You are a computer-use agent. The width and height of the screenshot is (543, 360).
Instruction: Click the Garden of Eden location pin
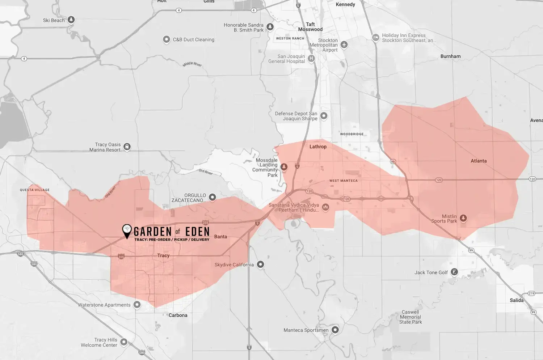click(x=127, y=230)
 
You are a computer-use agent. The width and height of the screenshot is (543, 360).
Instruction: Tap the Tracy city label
click(x=163, y=255)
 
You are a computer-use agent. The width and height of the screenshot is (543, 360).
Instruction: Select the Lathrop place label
click(x=318, y=147)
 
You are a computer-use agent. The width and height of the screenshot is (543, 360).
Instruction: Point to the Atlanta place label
click(x=479, y=161)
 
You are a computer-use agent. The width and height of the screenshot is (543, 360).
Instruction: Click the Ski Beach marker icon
click(x=71, y=20)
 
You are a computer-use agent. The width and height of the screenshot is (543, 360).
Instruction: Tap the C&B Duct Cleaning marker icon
click(x=167, y=39)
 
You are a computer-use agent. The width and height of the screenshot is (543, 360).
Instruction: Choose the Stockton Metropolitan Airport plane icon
click(x=344, y=45)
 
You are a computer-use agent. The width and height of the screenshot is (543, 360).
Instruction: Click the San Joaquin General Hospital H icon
click(x=311, y=58)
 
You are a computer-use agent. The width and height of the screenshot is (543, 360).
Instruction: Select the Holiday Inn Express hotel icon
click(x=376, y=37)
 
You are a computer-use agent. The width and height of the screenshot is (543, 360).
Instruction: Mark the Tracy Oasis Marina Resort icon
click(x=127, y=147)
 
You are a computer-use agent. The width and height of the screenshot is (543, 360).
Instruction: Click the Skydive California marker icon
click(x=260, y=264)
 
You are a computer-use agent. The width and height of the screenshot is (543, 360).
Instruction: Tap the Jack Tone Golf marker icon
click(x=454, y=272)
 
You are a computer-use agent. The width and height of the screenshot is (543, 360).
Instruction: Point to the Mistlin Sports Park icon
click(x=463, y=218)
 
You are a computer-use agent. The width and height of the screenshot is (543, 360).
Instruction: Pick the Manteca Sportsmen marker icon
click(x=335, y=330)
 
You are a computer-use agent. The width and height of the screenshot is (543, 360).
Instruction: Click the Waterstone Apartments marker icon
click(x=137, y=305)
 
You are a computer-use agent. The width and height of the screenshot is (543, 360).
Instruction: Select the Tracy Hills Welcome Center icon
click(x=124, y=342)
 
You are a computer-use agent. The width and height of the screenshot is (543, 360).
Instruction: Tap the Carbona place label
click(x=178, y=315)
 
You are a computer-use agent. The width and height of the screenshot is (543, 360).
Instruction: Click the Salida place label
click(x=517, y=300)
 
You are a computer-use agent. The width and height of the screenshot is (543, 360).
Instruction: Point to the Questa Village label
click(x=35, y=190)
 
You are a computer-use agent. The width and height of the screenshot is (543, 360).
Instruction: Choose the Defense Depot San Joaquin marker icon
click(x=324, y=116)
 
